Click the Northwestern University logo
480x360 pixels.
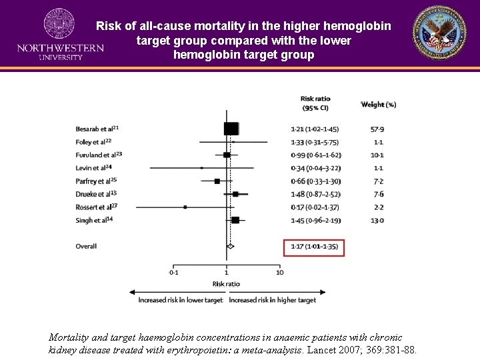click(x=60, y=34)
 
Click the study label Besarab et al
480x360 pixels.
click(x=97, y=129)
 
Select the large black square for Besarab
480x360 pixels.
click(x=231, y=129)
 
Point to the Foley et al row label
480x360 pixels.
click(x=94, y=142)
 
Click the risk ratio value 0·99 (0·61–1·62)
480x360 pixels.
click(x=315, y=155)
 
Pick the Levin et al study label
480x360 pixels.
click(x=94, y=168)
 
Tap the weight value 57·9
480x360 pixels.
click(x=377, y=129)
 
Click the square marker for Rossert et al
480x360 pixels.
click(x=185, y=207)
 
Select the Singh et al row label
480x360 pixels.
click(x=94, y=220)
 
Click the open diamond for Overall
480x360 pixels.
click(x=230, y=246)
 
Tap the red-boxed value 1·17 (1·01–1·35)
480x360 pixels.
click(x=314, y=247)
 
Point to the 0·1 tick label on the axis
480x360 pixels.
click(x=173, y=272)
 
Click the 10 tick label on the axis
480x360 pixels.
click(x=279, y=272)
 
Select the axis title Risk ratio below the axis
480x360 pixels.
click(x=226, y=284)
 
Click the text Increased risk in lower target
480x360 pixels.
click(x=181, y=300)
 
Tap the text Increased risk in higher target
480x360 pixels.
click(x=272, y=300)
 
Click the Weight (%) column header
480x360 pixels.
click(x=378, y=104)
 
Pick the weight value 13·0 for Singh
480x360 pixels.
click(x=377, y=220)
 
